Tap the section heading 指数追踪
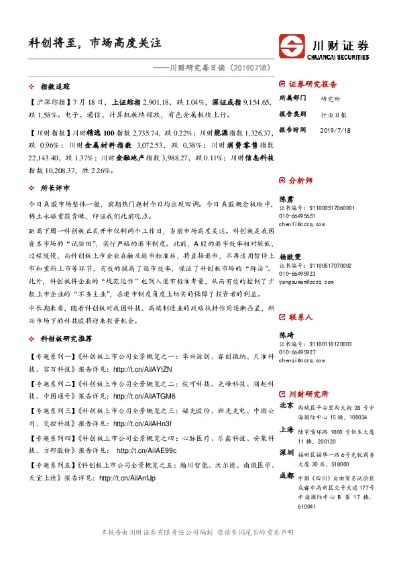[x=56, y=87]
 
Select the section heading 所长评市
[x=56, y=189]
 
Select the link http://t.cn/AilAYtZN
[x=143, y=369]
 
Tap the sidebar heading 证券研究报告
[x=317, y=85]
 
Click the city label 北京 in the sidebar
[x=286, y=406]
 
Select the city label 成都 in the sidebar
[x=286, y=476]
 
